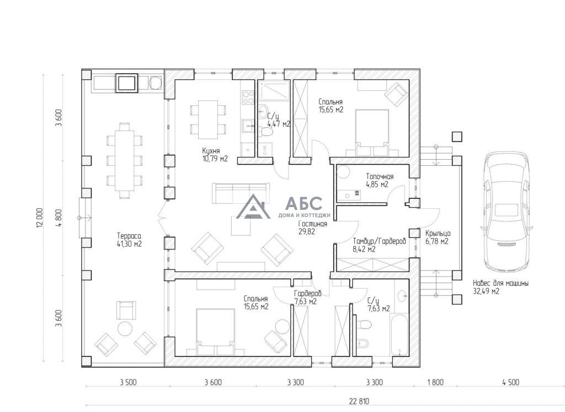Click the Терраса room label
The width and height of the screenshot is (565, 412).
coord(129,236)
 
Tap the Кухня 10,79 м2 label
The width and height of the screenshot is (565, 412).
coord(215,155)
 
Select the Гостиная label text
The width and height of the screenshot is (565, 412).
coord(313,224)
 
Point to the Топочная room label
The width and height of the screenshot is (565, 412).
coord(380,177)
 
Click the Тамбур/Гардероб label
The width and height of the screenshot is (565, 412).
coord(380,241)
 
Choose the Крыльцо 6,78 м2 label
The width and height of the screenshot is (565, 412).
coord(438,237)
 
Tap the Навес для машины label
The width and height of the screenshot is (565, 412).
coord(501,284)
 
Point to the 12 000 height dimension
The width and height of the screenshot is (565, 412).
coord(39,218)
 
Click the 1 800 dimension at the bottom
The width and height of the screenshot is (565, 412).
coord(435,382)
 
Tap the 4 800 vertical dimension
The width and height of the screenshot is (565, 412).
coord(59,218)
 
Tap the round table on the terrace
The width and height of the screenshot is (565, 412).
coord(125,328)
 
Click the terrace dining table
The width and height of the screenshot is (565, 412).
coord(124,160)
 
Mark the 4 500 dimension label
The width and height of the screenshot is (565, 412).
coord(510,382)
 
